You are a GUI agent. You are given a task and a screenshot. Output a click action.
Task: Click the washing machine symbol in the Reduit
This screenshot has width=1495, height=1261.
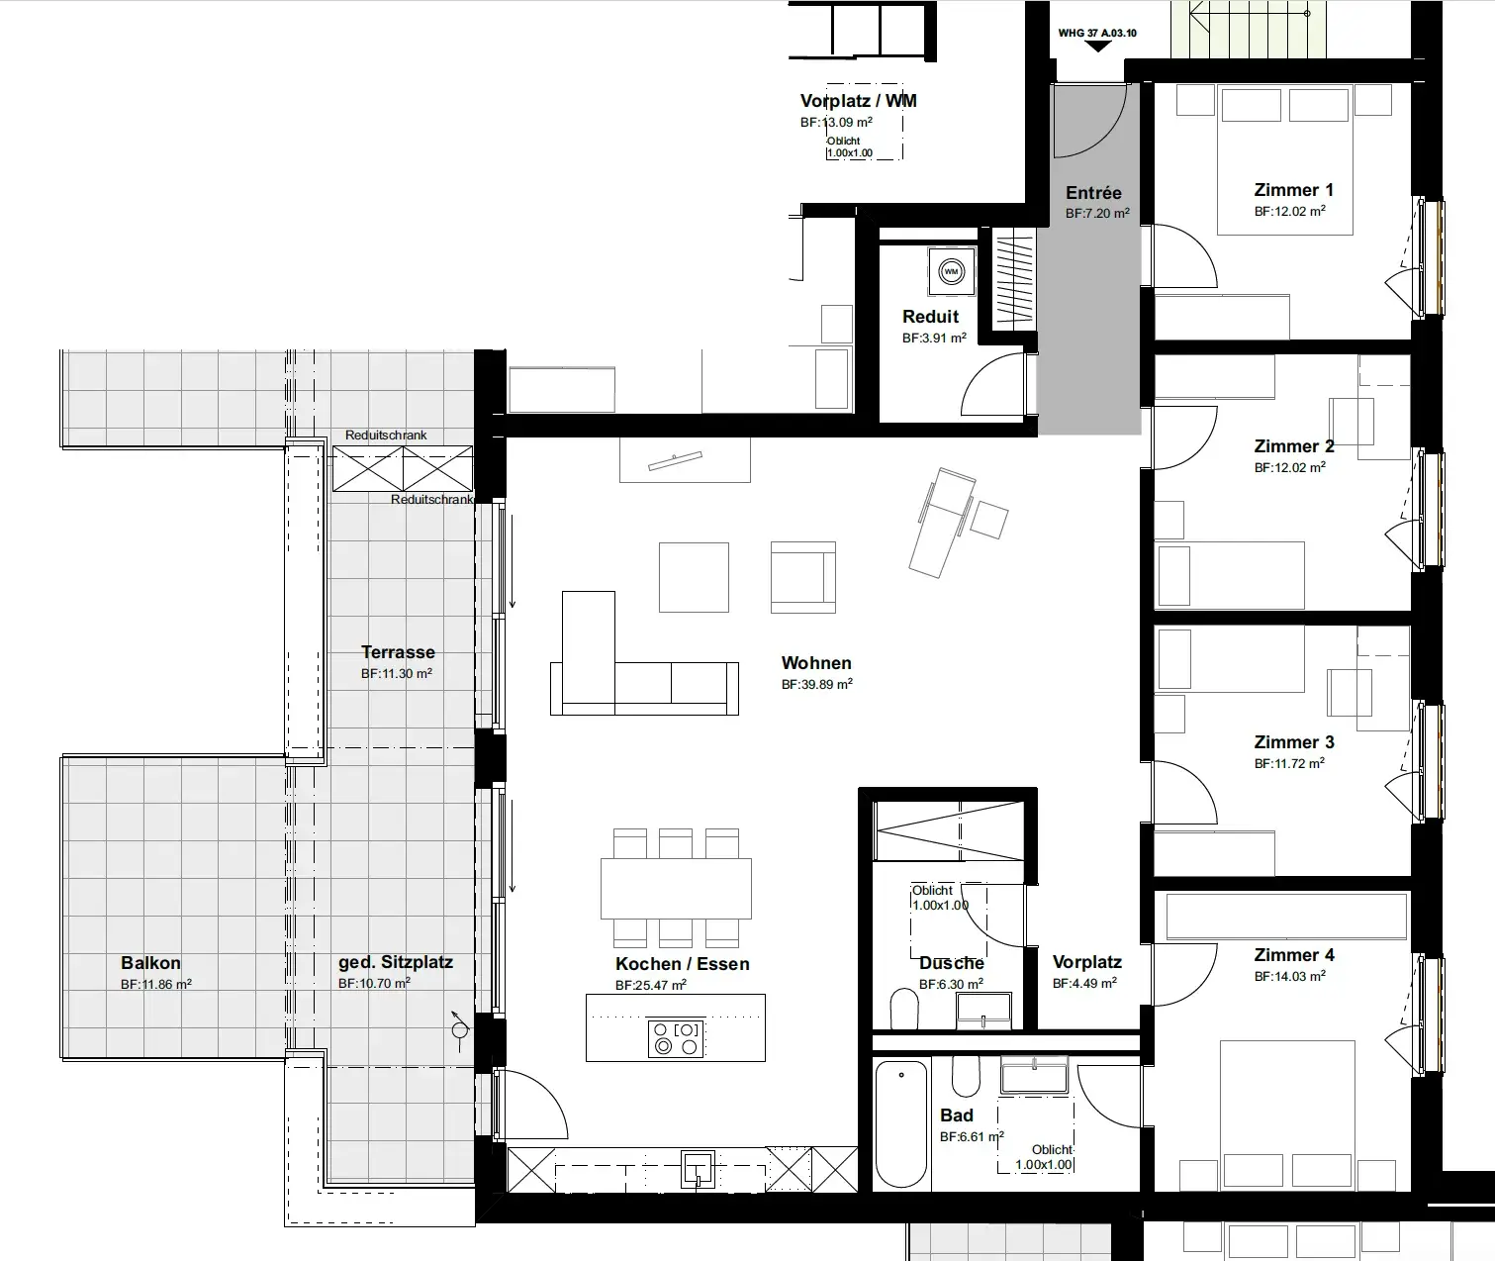[951, 271]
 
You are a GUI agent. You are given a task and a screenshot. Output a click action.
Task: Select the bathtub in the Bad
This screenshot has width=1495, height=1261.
[901, 1124]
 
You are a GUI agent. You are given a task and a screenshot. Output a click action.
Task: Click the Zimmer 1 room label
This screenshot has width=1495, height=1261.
[1294, 190]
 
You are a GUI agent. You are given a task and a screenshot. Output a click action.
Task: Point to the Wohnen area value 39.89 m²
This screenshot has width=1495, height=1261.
[817, 684]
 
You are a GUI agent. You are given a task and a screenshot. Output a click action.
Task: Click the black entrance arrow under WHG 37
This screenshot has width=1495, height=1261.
[1097, 47]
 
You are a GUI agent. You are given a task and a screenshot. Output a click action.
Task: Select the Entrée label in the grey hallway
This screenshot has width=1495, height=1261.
[1093, 193]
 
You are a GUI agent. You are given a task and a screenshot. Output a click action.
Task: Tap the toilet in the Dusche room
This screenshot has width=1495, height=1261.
[904, 1010]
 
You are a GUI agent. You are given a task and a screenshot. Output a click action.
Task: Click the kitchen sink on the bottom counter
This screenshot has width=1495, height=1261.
[697, 1169]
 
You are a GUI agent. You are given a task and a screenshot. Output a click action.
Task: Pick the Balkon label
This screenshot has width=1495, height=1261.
[150, 962]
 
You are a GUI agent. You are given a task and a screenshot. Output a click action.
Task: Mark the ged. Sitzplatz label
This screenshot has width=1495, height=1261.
[396, 962]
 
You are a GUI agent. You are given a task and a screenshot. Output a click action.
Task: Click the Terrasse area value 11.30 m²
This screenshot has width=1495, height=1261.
[397, 673]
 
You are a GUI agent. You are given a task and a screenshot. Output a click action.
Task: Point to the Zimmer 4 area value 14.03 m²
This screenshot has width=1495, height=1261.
[1290, 976]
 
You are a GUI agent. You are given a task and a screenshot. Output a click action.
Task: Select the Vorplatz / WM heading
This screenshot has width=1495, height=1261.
[859, 101]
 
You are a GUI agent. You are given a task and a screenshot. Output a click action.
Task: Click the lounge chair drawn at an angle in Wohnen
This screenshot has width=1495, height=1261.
[942, 522]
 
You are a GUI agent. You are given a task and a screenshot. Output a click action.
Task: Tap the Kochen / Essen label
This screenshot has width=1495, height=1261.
[683, 964]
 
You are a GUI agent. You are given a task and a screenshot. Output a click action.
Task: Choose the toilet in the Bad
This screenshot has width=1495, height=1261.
[966, 1077]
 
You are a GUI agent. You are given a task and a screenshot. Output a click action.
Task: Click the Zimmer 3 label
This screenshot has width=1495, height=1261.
[1294, 742]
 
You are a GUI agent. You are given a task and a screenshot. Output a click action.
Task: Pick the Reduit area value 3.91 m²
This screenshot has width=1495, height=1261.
[934, 338]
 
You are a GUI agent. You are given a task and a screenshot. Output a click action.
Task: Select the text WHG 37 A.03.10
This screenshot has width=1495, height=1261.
[1097, 33]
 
